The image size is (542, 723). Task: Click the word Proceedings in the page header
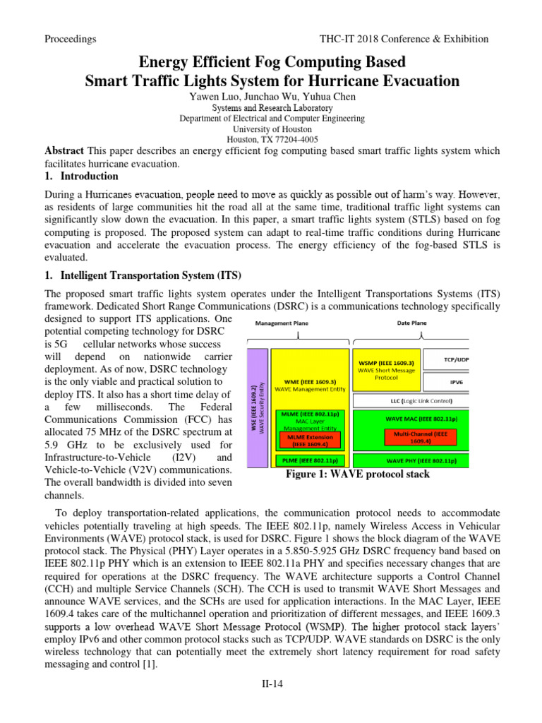point(70,39)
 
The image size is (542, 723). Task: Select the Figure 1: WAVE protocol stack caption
point(357,474)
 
